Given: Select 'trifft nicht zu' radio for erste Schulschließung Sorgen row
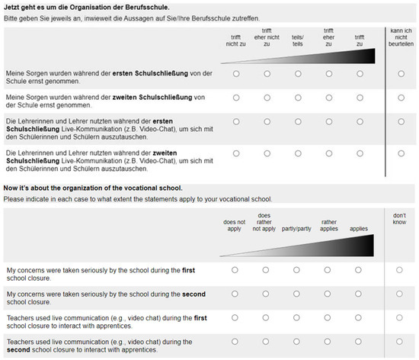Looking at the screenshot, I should point(236,74).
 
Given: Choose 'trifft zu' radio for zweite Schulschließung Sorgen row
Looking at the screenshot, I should point(360,98).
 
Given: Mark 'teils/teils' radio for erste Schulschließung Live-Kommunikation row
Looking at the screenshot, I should point(298,122).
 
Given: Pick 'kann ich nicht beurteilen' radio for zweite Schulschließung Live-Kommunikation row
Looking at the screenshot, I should point(401,153).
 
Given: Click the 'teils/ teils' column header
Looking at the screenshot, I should point(298,40).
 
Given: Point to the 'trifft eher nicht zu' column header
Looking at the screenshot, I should point(267,37).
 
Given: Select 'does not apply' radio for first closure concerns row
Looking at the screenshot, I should point(235,270).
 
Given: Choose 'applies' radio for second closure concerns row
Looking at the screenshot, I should point(359,294).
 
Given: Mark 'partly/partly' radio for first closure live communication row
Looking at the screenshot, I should point(296,317).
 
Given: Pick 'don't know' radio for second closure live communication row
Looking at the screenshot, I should point(400,341).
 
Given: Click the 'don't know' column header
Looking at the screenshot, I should point(400,220).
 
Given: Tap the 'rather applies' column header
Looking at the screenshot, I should point(328,225).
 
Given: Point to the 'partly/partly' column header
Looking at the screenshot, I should point(296,228).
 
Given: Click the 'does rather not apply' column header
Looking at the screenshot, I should point(264,222).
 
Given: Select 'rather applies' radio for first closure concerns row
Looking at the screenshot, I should point(328,270).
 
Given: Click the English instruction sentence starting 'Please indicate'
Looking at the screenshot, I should point(137,199).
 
